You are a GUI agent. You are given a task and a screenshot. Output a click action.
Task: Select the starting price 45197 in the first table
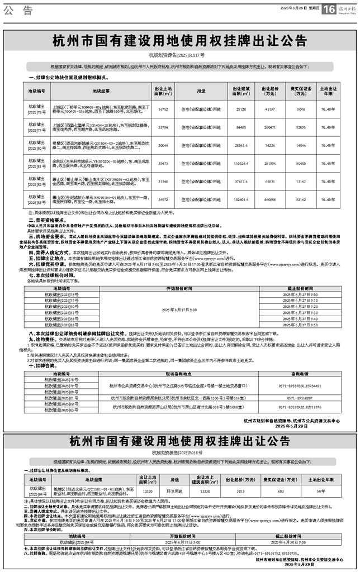tap(269, 110)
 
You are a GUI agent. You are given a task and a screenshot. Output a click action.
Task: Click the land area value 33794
tap(163, 127)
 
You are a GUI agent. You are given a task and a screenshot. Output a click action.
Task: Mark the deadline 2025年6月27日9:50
tap(300, 325)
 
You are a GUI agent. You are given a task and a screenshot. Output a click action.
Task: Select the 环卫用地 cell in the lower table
tap(169, 491)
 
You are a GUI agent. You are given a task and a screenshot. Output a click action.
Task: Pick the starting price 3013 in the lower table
tap(240, 491)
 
